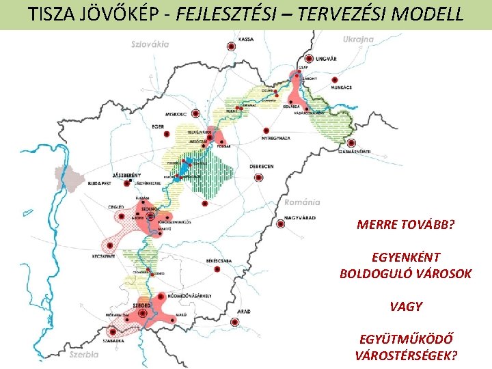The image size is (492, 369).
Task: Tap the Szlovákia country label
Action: point(150,44)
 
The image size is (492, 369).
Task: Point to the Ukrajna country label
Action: point(359,40)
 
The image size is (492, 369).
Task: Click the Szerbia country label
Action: point(83,354)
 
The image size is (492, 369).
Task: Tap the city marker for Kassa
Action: point(231,46)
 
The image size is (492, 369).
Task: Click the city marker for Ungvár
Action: point(310,59)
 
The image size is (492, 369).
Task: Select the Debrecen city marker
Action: point(258,177)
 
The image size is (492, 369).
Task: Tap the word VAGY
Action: point(406,307)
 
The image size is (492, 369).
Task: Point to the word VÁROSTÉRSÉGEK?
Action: point(406,355)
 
